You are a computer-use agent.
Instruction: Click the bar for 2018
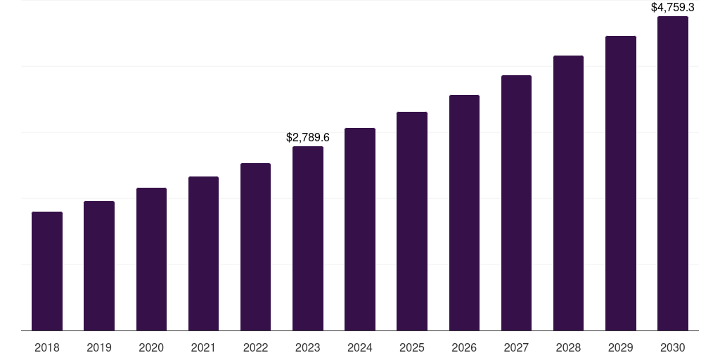(47, 271)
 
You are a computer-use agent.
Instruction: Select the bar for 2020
(151, 259)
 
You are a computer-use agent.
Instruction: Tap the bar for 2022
(255, 247)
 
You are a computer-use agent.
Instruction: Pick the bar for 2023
(308, 238)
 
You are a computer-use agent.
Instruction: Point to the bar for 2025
(412, 221)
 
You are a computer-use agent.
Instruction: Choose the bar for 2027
(516, 202)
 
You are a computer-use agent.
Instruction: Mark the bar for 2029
(620, 183)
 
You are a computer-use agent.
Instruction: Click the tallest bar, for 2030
(673, 173)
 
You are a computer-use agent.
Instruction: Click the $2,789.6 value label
(308, 138)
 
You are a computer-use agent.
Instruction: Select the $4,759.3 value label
(673, 8)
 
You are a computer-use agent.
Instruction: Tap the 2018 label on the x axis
(47, 347)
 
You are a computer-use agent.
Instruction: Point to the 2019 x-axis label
(99, 347)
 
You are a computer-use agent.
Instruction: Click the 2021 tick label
(203, 347)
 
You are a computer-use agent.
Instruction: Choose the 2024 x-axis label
(360, 347)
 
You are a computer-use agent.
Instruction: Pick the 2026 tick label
(464, 347)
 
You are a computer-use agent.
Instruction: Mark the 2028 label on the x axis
(568, 347)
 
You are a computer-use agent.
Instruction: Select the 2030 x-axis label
(673, 347)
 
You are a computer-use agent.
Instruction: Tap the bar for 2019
(99, 266)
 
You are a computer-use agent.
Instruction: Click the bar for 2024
(360, 229)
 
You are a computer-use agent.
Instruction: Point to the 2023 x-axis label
(308, 347)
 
